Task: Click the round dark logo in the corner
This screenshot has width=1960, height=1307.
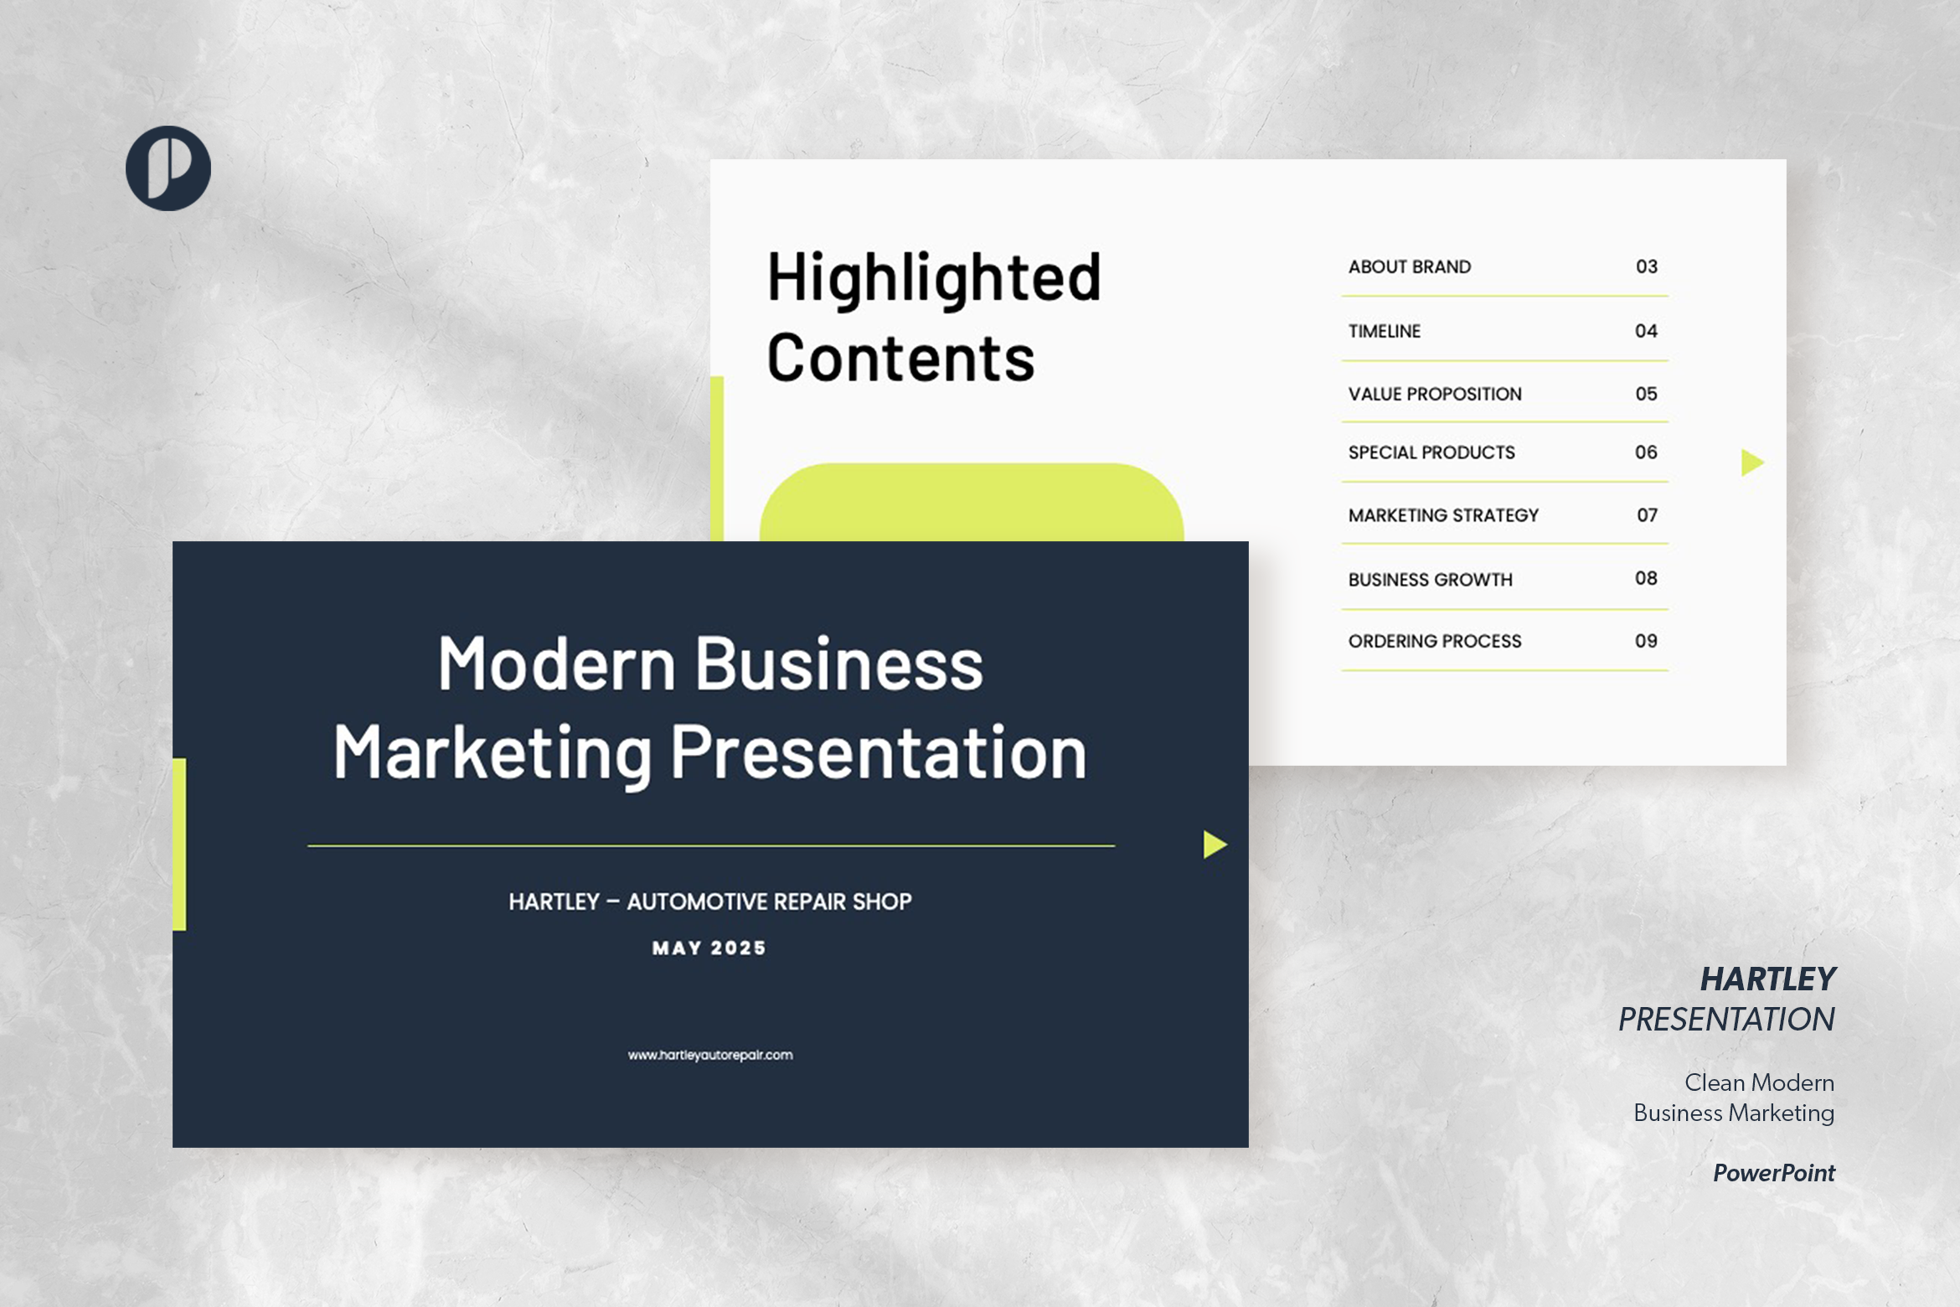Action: click(x=168, y=168)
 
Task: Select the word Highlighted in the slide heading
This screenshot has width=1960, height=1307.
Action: click(x=934, y=278)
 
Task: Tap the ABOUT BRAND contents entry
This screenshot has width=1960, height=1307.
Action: click(x=1409, y=267)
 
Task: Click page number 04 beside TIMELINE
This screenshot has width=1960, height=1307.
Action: click(x=1646, y=331)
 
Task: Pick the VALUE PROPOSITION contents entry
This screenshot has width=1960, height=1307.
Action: click(x=1434, y=394)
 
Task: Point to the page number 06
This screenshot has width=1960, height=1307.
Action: click(x=1646, y=452)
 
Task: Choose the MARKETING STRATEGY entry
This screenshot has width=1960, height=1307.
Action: click(x=1443, y=515)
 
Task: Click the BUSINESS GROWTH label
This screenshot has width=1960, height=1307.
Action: click(x=1430, y=579)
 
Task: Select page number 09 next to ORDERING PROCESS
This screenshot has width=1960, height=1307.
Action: click(x=1646, y=641)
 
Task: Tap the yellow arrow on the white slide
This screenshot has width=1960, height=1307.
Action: click(x=1751, y=462)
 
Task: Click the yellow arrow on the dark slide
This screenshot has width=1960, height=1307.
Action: click(x=1214, y=845)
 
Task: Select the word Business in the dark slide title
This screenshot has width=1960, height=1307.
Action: click(x=839, y=664)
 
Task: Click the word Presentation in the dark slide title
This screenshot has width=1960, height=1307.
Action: click(x=879, y=753)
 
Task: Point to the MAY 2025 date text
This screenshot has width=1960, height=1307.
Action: click(x=709, y=948)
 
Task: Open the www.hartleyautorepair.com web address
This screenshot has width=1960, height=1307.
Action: click(x=710, y=1055)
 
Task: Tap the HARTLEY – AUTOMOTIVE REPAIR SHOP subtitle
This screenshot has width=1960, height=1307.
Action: click(x=710, y=901)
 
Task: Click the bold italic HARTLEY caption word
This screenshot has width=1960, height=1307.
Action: click(x=1767, y=979)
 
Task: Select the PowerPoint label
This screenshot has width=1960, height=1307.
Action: click(x=1773, y=1173)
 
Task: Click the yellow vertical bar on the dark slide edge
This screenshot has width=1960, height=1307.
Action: click(x=179, y=844)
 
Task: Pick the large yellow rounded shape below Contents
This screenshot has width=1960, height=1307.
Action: click(x=972, y=503)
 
